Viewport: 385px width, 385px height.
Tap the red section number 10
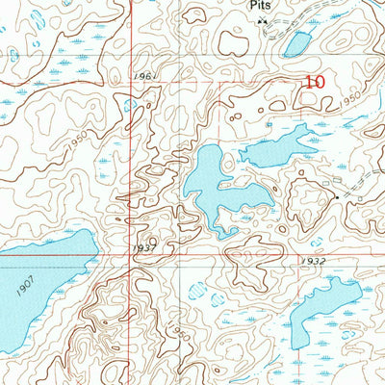tap(315, 83)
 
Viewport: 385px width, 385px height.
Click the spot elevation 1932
tap(313, 261)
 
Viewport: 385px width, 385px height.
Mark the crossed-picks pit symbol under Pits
tap(261, 18)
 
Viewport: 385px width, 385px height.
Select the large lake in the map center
tap(215, 188)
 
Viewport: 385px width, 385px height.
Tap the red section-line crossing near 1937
tap(133, 255)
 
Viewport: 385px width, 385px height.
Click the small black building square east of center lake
tap(334, 196)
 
